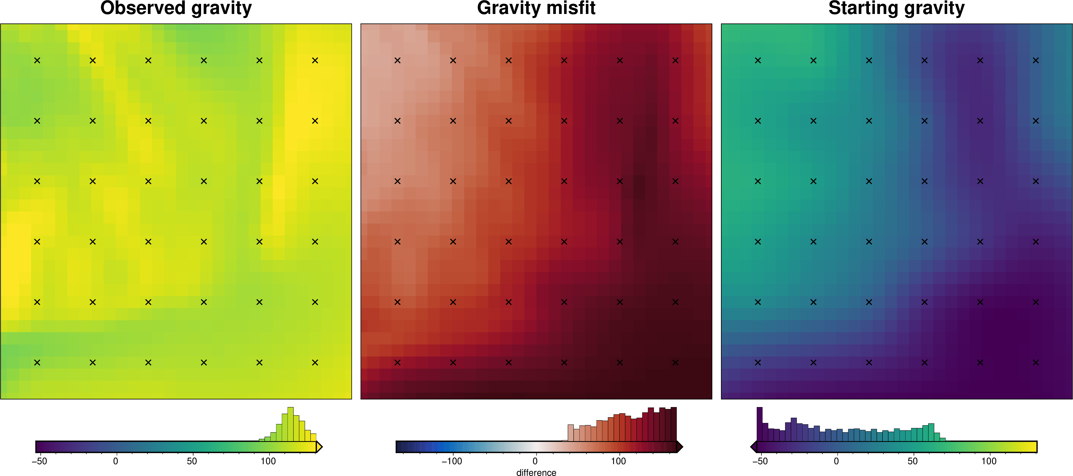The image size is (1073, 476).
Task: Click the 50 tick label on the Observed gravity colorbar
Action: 192,461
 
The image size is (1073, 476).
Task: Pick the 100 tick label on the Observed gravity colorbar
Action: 268,461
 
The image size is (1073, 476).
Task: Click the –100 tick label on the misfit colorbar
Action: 452,461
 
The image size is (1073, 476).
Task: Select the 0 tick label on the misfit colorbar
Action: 535,461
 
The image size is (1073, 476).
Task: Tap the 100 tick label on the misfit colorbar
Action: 619,461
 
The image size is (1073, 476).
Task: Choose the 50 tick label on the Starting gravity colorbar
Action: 913,461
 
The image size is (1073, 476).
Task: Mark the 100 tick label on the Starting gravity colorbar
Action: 989,461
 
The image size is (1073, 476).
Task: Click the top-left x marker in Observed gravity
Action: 37,60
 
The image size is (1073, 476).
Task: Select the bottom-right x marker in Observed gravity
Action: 315,362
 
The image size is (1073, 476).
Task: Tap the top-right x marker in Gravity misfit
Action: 675,60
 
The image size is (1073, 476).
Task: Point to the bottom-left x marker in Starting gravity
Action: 758,362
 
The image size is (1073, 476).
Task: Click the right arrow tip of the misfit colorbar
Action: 683,447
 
